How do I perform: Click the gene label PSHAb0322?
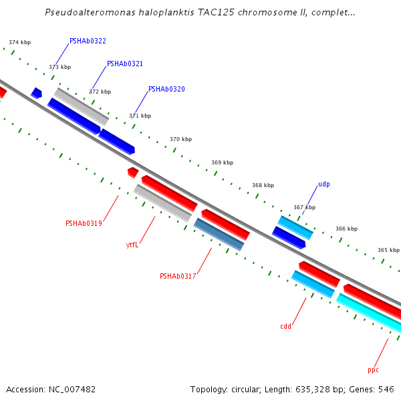88,41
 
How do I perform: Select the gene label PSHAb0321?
125,64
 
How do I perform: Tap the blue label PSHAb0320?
166,90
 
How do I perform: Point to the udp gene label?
323,184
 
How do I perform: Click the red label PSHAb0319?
84,223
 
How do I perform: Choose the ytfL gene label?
132,245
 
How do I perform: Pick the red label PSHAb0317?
178,277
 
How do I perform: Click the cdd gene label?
285,327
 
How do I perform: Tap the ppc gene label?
373,370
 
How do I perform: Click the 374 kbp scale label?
20,43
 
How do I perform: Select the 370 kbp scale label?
180,140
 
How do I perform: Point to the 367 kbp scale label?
304,208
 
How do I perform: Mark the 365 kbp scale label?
388,251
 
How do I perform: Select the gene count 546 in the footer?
387,389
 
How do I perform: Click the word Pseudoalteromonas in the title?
87,13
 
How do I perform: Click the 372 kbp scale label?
100,92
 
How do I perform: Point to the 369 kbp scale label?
222,163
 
